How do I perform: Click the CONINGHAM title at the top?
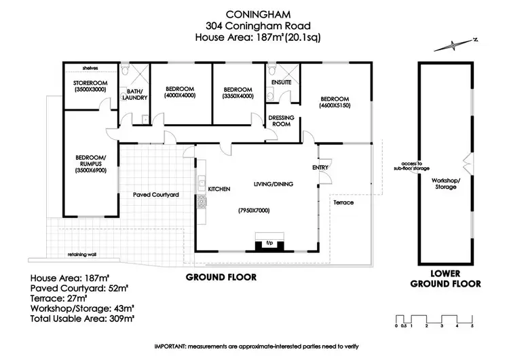click(x=254, y=14)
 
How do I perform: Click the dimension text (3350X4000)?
click(x=238, y=96)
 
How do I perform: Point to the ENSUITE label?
click(x=281, y=82)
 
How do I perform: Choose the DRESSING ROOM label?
click(x=281, y=121)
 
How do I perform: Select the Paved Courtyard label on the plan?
click(x=155, y=195)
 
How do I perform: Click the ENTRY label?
click(x=320, y=167)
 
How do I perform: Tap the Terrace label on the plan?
click(x=343, y=202)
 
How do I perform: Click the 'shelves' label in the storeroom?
click(x=90, y=68)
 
